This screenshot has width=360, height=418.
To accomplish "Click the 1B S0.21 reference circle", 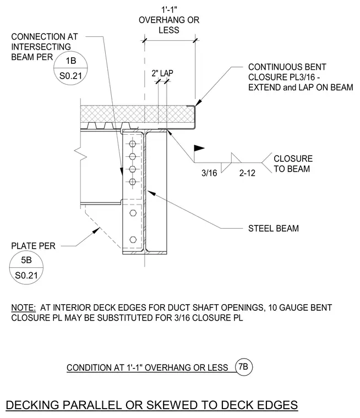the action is tap(70, 68).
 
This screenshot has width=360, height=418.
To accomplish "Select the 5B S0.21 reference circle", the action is tap(26, 267).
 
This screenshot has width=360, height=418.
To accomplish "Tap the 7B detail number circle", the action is tap(244, 367).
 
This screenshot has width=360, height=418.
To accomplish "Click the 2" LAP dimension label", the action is tap(162, 73).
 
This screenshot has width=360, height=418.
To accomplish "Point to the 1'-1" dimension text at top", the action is tap(169, 10).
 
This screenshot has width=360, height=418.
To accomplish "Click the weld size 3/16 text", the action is tap(209, 173).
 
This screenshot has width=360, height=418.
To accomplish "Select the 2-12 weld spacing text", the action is tap(247, 173).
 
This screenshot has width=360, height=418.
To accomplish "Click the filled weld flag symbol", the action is tap(199, 148).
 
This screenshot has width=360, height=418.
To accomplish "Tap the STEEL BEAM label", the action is tap(274, 228).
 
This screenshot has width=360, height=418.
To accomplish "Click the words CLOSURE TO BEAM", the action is tap(293, 164).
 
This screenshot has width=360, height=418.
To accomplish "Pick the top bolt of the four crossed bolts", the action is tap(132, 144).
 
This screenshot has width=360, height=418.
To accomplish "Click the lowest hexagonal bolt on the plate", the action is tap(133, 239).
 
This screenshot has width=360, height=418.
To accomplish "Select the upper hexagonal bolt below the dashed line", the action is tap(133, 213).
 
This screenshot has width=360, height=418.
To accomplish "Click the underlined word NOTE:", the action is tap(24, 307).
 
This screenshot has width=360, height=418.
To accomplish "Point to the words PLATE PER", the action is tap(34, 246).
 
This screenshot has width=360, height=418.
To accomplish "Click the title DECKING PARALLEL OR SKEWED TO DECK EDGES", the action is tap(151, 405).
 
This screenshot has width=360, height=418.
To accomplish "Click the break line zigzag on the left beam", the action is tap(80, 154).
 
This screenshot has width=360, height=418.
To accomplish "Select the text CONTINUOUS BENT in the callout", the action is tap(287, 67).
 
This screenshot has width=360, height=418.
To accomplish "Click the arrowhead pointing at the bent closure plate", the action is tap(198, 103).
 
